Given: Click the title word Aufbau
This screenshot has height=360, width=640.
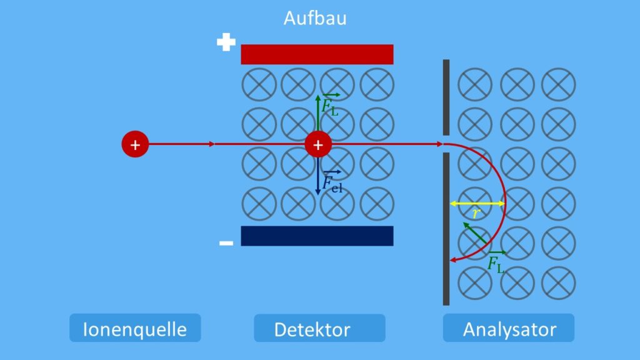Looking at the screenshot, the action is tap(315, 18).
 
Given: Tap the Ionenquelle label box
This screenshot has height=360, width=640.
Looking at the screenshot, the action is tap(135, 327).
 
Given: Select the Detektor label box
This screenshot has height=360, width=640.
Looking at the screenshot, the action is tap(319, 328).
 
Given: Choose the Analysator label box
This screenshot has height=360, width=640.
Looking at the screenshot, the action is tap(509, 327).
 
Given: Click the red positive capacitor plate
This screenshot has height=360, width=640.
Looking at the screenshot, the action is tap(317, 54).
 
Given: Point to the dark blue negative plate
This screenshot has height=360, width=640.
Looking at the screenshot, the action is tap(317, 236).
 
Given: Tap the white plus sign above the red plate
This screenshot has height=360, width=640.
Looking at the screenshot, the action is tap(226, 42).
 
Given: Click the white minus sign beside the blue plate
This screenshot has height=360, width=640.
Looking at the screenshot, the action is tap(226, 243).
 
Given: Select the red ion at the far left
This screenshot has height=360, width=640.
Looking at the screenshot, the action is tap(135, 144).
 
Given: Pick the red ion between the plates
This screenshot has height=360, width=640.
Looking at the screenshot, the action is tap(318, 144).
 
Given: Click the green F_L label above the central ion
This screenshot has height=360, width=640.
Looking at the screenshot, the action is tap(330, 105).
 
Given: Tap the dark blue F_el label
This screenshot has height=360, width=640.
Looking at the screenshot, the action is tap(332, 182).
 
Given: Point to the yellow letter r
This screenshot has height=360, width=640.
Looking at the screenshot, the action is tap(476, 213).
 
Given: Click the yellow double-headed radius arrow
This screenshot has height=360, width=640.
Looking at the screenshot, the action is tap(477, 203).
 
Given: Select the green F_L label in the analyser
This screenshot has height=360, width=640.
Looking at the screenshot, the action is tap(496, 262).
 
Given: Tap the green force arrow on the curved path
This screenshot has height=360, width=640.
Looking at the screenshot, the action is tap(475, 233).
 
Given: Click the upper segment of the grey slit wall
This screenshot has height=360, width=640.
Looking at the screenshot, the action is tap(446, 97).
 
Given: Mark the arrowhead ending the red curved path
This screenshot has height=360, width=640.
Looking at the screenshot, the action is tap(452, 260).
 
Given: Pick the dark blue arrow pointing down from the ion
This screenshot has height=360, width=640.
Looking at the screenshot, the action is tap(318, 176).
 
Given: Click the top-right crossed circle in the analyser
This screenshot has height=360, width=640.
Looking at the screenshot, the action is tap(558, 84).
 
